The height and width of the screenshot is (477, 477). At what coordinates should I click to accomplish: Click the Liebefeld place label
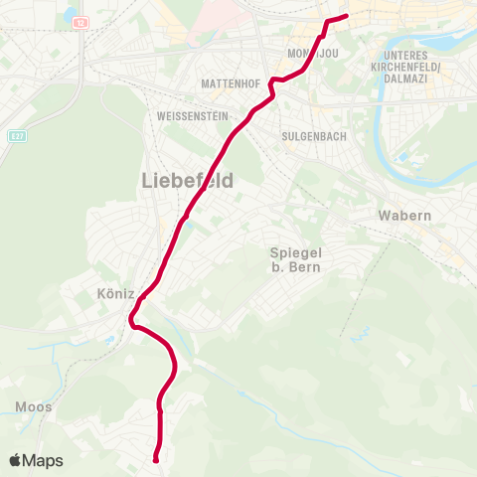[x=188, y=180]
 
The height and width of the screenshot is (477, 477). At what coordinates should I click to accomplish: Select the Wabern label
[x=404, y=216]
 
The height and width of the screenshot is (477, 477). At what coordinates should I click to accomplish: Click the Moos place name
[x=33, y=406]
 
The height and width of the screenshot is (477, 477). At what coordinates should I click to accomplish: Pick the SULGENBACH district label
[x=314, y=136]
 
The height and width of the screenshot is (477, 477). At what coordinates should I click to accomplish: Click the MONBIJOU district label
[x=314, y=51]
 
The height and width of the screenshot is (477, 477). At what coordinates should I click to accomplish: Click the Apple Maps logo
[x=36, y=461]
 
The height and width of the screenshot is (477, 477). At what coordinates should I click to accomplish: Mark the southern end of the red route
[x=156, y=459]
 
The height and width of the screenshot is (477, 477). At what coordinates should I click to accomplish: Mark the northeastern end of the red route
[x=346, y=16]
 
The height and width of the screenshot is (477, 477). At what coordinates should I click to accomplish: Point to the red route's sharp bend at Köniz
[x=132, y=318]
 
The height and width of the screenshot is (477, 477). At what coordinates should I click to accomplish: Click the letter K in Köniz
[x=101, y=294]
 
